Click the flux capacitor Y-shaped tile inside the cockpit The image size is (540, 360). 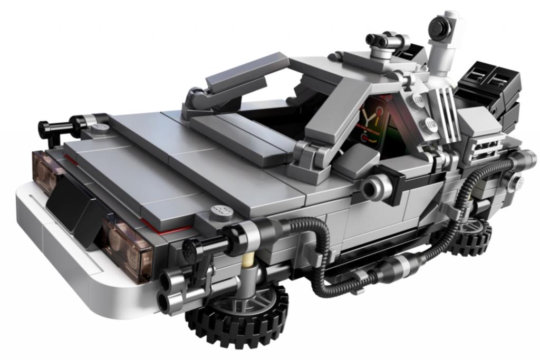373,122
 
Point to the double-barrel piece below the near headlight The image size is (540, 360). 174,295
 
